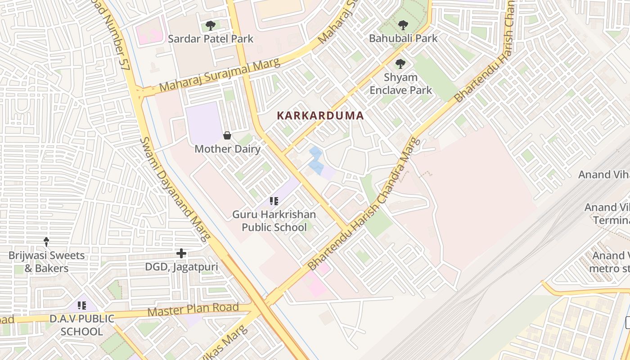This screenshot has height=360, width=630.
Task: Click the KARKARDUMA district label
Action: pos(320,116)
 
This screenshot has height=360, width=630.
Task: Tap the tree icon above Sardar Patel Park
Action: pos(210,26)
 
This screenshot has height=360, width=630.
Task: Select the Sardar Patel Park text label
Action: pos(211,39)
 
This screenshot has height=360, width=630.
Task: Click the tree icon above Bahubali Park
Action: pos(403,25)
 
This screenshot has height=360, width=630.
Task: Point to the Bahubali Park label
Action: pos(403,38)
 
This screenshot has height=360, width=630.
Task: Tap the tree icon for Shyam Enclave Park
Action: pos(400,64)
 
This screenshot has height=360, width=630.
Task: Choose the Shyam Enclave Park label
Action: pos(400,84)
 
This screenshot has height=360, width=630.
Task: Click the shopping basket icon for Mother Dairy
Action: pos(227,135)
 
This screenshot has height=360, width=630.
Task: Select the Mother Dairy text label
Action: pos(227,149)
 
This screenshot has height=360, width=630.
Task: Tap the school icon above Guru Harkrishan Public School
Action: pos(274,201)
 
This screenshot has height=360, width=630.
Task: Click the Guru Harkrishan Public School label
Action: pos(274,221)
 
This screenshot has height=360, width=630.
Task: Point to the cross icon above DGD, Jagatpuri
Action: pos(181,254)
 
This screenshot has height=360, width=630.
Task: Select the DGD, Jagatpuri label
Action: pos(181,267)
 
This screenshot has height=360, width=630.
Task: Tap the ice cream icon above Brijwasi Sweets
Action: pos(46,242)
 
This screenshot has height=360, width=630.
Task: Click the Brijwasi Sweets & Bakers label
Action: pos(46,262)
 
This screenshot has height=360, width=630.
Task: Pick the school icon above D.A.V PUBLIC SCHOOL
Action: pos(82,306)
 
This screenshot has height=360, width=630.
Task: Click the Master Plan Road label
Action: pos(193,310)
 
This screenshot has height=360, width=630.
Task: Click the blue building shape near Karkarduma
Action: pos(316,161)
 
